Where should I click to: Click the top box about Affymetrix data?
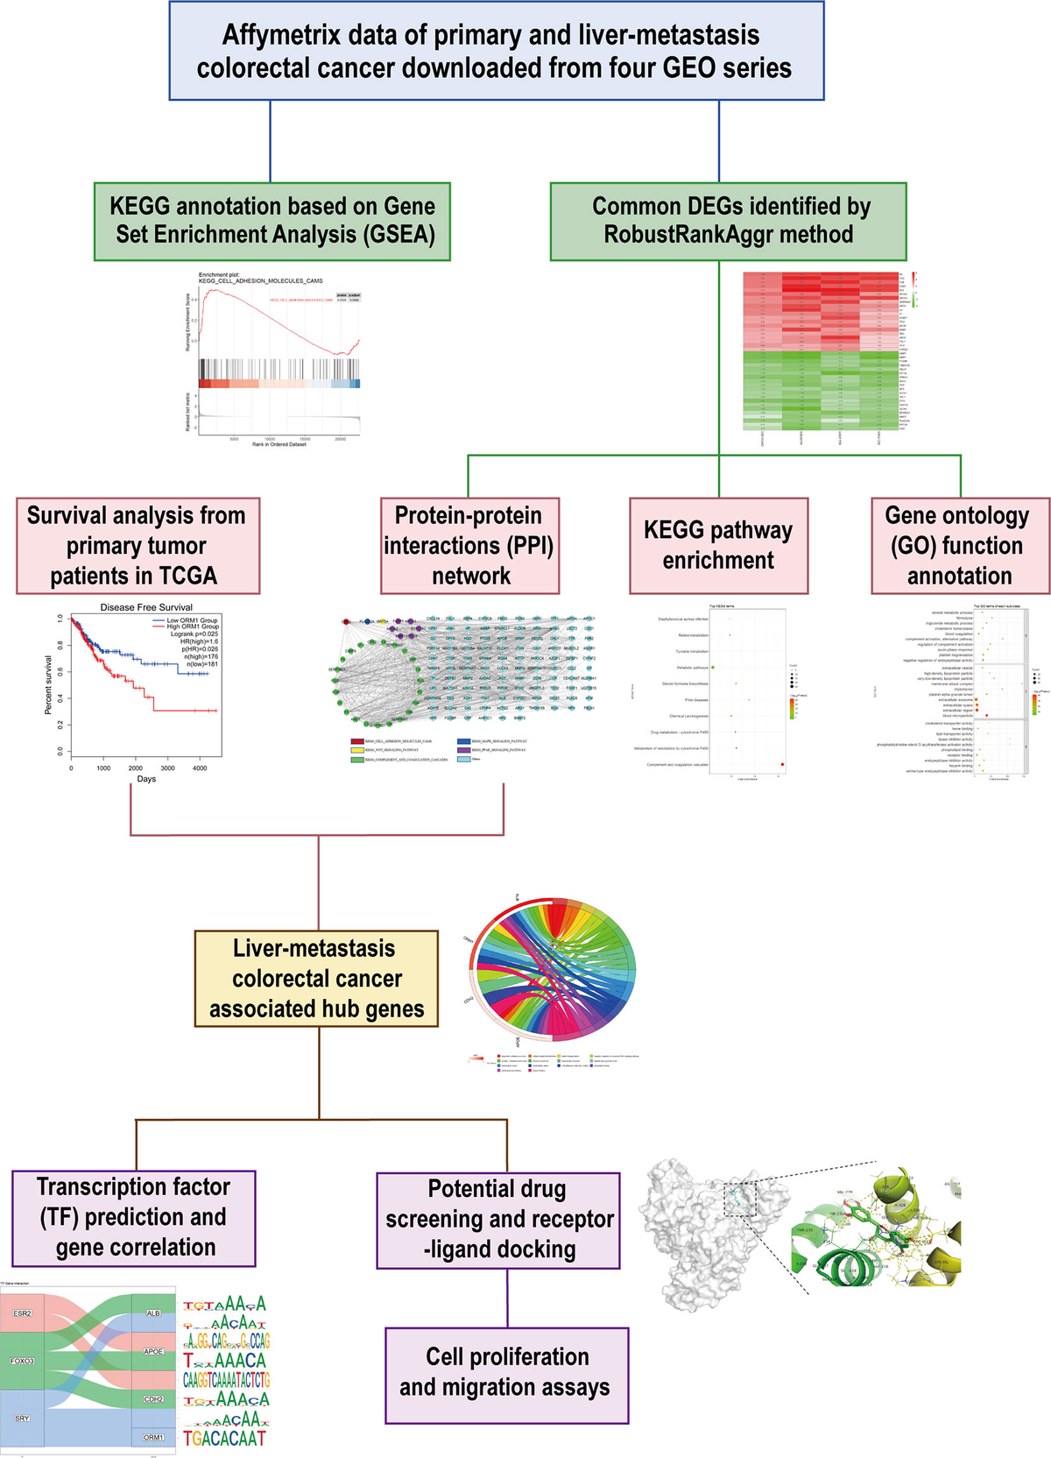coord(496,51)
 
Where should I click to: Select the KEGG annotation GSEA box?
coord(272,221)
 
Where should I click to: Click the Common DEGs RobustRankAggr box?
coord(728,221)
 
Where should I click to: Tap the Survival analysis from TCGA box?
coord(138,545)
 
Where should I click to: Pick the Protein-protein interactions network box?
coord(469,545)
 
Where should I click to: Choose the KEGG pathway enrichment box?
coord(718,545)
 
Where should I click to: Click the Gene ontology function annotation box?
coord(960,545)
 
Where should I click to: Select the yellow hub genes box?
coord(316,978)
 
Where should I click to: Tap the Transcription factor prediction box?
coord(134,1217)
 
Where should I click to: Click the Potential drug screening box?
coord(498,1220)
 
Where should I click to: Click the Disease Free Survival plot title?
coord(146,607)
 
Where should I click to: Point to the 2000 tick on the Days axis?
coord(136,768)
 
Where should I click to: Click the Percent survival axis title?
coord(49,685)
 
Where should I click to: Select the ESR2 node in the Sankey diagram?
coord(23,1313)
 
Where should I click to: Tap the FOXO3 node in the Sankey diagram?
coord(23,1362)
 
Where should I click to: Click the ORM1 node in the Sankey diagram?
coord(153,1437)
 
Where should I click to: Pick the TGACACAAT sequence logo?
coord(224,1438)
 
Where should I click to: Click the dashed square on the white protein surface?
coord(740,1198)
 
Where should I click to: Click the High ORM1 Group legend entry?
coord(192,626)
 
